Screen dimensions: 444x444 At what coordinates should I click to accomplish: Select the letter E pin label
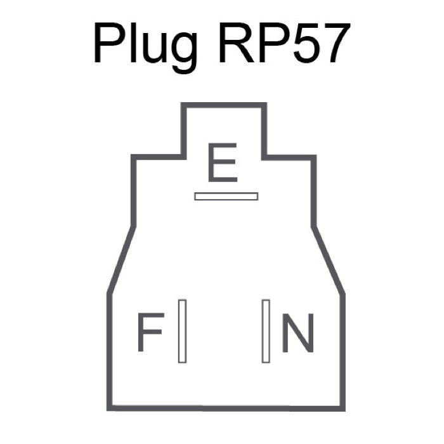click(x=223, y=163)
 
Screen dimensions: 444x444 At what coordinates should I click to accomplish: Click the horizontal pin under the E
click(x=226, y=196)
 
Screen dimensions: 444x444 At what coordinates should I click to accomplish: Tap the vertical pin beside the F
click(x=183, y=331)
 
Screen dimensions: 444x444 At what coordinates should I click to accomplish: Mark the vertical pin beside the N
click(x=266, y=331)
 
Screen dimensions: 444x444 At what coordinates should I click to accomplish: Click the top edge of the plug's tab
click(x=223, y=105)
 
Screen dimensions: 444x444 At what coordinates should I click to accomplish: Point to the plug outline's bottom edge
click(x=226, y=408)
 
